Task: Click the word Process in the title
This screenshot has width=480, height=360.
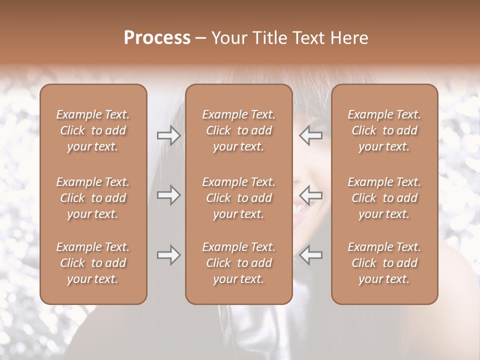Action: tap(157, 38)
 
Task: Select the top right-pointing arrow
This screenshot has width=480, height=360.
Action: tap(168, 135)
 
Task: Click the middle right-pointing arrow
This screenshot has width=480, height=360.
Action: tap(168, 195)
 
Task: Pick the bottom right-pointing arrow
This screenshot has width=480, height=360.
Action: tap(168, 255)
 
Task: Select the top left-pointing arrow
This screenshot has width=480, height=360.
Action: tap(311, 135)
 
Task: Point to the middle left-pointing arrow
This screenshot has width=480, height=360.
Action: tap(311, 195)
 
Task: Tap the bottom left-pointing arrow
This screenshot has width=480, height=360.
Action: tap(311, 255)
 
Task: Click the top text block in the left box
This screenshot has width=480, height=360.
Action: tap(93, 130)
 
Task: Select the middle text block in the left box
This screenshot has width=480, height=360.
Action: tap(93, 198)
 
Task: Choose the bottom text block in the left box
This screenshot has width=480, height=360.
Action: tap(93, 263)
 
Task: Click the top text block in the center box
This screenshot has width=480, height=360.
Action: tap(239, 130)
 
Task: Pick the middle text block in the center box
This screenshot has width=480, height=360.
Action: tap(239, 198)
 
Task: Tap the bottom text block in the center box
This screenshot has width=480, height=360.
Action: tap(239, 263)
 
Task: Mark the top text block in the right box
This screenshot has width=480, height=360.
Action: tap(384, 130)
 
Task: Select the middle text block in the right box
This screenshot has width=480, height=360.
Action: tap(384, 198)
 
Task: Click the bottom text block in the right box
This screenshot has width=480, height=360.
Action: tap(384, 263)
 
